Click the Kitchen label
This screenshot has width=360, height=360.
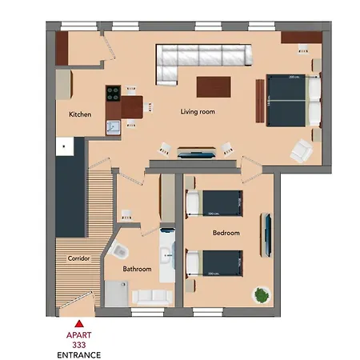pos(80,114)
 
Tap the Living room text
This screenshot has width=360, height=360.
pos(196,112)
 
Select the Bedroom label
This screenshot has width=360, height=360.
pos(226,233)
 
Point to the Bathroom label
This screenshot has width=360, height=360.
pos(137,269)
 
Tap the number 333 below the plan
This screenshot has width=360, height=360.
pos(78,344)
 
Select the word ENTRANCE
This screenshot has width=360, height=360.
pos(78,354)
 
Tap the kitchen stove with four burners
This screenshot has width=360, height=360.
pos(111,92)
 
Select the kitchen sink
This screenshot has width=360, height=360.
pos(112,126)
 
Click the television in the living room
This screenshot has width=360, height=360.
pos(195,150)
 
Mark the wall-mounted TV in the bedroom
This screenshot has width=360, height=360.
pos(269,232)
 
